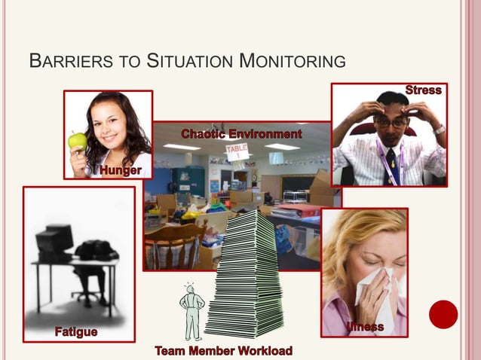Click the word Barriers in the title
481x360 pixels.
point(61,60)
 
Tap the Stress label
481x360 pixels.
point(423,90)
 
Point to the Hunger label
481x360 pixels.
point(121,171)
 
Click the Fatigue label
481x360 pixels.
point(75,331)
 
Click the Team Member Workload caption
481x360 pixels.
point(224,351)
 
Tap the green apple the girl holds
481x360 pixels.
point(78,140)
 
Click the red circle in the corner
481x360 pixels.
point(443,314)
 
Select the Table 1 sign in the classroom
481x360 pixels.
point(238,152)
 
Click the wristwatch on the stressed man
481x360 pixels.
point(439,130)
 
